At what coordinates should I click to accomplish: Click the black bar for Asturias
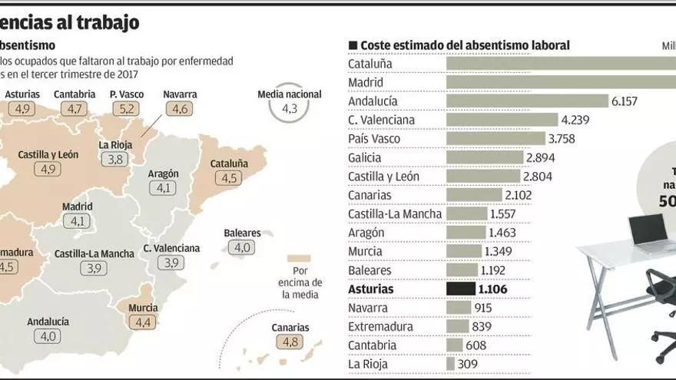461,289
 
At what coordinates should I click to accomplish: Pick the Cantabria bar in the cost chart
454,345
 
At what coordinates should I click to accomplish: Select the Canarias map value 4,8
290,343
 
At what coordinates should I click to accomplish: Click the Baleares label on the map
242,233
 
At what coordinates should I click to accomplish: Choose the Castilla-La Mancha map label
94,253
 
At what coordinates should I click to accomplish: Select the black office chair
661,307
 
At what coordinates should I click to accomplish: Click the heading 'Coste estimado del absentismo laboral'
465,46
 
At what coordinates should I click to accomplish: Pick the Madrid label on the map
77,207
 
